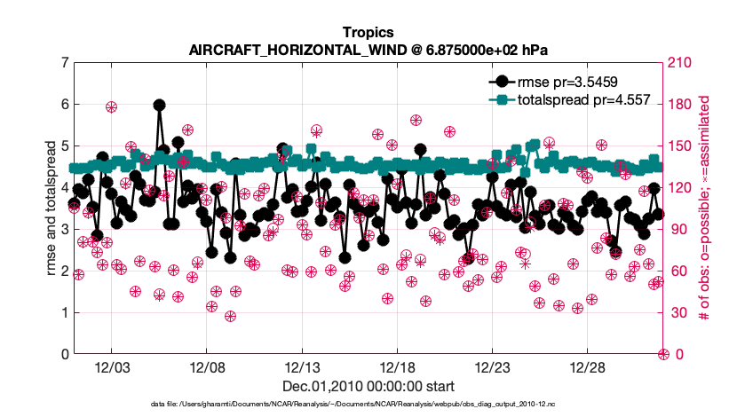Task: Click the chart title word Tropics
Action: click(368, 31)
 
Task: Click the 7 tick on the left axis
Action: click(65, 63)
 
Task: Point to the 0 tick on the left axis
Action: click(65, 354)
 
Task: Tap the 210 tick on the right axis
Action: click(681, 63)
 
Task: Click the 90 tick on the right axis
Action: click(678, 230)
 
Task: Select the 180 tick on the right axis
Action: click(681, 105)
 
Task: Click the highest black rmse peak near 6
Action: click(159, 105)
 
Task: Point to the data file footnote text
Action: click(368, 404)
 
